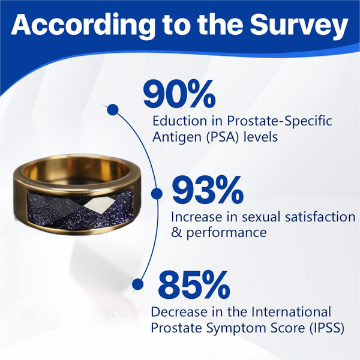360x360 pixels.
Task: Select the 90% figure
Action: [x=179, y=94]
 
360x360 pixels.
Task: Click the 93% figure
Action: [x=208, y=190]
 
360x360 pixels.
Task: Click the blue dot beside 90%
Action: [x=113, y=110]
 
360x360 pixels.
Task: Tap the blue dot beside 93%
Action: [x=157, y=193]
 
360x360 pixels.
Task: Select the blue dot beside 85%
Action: [x=138, y=284]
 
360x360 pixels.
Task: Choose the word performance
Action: [x=226, y=233]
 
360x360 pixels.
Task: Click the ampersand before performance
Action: [x=176, y=233]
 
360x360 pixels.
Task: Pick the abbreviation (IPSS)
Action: [x=327, y=328]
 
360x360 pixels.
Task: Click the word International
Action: [x=292, y=312]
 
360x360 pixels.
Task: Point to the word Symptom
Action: [x=232, y=329]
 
